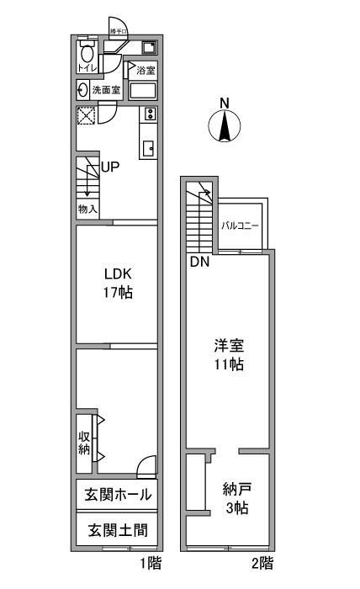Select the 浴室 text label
[x=146, y=69]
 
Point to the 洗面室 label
[x=106, y=90]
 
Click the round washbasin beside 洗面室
[x=83, y=90]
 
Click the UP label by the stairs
[x=110, y=167]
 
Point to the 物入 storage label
[x=88, y=209]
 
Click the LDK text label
[x=118, y=274]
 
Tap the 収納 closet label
[x=85, y=442]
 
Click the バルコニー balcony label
[x=241, y=226]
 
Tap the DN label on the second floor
[x=199, y=262]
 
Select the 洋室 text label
[x=228, y=344]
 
